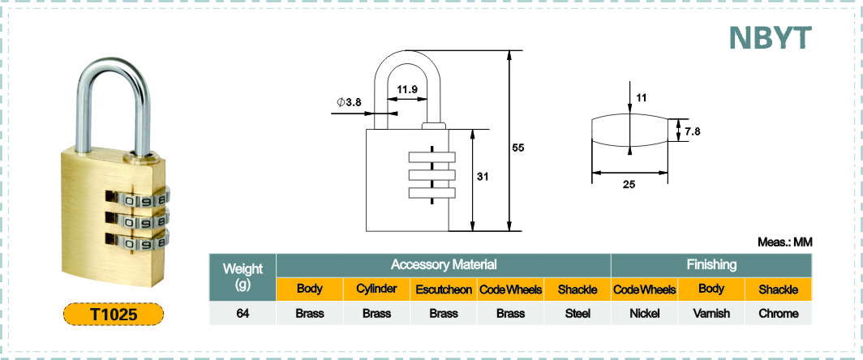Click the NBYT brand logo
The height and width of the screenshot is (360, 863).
[x=771, y=37]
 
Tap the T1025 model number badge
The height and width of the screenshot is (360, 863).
[x=114, y=314]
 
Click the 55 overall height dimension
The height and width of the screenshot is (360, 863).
[x=518, y=148]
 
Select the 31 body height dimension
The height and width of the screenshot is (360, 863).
[x=483, y=177]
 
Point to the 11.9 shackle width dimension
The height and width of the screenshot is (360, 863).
[x=406, y=89]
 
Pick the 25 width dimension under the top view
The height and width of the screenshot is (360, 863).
[x=629, y=185]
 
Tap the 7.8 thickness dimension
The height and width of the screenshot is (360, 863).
[x=692, y=131]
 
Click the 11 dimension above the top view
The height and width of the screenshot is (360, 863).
[x=642, y=98]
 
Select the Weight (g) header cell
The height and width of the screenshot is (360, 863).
[x=243, y=276]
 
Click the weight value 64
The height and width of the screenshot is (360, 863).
[x=243, y=314]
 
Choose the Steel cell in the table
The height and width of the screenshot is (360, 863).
[x=577, y=314]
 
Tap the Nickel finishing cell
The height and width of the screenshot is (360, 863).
[x=645, y=314]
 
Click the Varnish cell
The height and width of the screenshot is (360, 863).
[x=711, y=314]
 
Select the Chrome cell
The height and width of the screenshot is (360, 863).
[x=779, y=314]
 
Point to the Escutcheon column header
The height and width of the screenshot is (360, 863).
[x=444, y=289]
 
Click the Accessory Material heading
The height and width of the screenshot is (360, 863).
[x=444, y=265]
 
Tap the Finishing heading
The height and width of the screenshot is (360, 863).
[x=711, y=265]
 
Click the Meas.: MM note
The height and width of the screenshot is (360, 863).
[x=785, y=242]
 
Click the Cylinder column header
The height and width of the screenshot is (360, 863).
[x=376, y=289]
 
